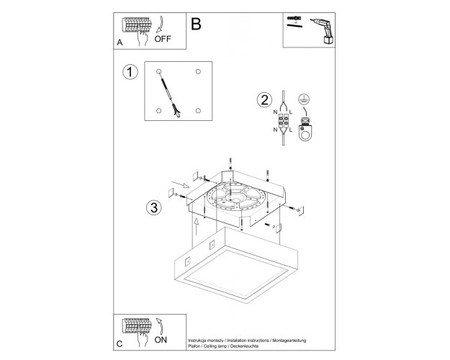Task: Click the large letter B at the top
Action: tap(196, 24)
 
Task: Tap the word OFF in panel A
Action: tap(163, 39)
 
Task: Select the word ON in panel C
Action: tap(161, 340)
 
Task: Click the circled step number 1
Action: tap(130, 72)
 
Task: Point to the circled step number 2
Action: tap(264, 100)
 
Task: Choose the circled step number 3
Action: tap(154, 207)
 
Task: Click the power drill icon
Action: tap(323, 30)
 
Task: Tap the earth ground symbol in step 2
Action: tap(304, 99)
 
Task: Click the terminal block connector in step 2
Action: tap(284, 120)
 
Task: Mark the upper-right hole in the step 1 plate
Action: tap(198, 71)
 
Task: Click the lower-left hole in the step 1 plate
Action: tap(158, 111)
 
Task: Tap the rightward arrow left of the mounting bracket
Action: tap(180, 184)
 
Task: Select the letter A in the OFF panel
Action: tap(120, 42)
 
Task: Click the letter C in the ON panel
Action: tap(120, 343)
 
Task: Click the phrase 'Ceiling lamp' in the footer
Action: tap(215, 346)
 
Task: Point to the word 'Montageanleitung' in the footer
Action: tap(289, 341)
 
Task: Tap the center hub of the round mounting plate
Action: tap(236, 198)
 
